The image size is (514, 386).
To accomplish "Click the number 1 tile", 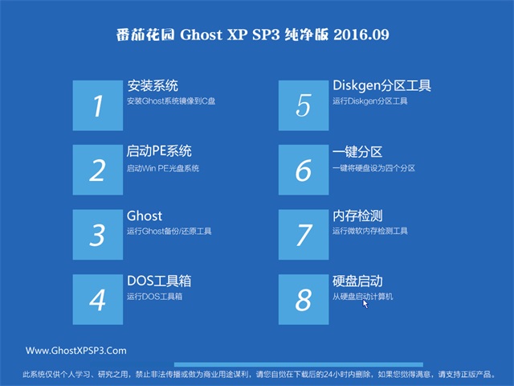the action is click(x=98, y=105).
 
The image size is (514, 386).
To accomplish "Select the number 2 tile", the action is click(x=98, y=170).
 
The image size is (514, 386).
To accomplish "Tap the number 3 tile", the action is click(x=98, y=235).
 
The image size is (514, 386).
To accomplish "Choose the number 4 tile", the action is click(x=98, y=299).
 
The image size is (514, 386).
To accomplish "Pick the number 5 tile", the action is click(x=304, y=105).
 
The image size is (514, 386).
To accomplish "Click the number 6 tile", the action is click(x=304, y=170).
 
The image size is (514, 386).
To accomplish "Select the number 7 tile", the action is click(x=304, y=235).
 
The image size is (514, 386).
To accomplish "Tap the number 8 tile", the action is click(x=304, y=299).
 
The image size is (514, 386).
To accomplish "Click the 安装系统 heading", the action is click(x=153, y=86).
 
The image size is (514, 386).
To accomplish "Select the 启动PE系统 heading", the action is click(x=159, y=151).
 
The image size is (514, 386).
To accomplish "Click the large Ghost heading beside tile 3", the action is click(x=145, y=216).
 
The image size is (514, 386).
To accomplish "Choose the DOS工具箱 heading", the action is click(x=159, y=281).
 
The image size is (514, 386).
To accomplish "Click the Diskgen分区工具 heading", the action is click(x=382, y=86).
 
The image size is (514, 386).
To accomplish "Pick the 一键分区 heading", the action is click(x=357, y=152).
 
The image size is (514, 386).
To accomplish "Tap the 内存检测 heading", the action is click(x=357, y=216).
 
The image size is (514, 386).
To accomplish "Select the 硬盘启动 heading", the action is click(x=357, y=281).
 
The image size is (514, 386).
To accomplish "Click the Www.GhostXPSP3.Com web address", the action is click(x=76, y=351).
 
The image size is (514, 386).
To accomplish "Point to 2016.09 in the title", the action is click(x=361, y=35).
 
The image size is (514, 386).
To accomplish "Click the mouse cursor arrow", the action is click(x=365, y=304).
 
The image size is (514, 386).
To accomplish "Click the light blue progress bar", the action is click(x=298, y=364).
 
